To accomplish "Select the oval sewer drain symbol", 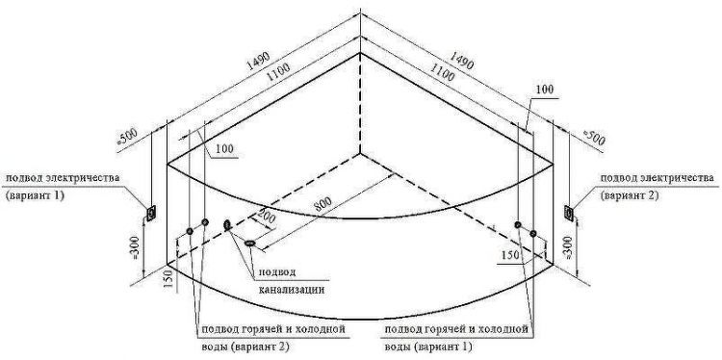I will (251, 244).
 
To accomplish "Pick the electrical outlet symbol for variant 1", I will (151, 212).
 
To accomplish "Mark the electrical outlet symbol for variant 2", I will (568, 212).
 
